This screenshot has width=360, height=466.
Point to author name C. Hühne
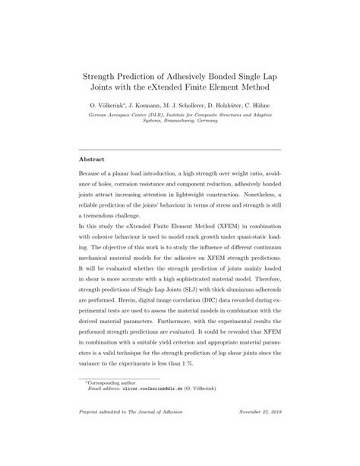coord(264,107)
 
